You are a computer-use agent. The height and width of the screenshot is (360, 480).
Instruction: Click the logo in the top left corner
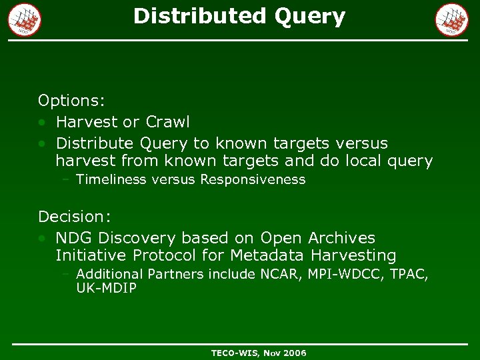[x=25, y=19]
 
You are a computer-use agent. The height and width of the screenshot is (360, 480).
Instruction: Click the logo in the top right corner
[x=452, y=19]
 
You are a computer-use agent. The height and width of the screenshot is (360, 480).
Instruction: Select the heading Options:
[x=71, y=101]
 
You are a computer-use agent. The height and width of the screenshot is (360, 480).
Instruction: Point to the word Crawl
[x=167, y=122]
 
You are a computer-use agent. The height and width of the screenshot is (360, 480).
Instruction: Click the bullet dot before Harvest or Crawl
[x=42, y=123]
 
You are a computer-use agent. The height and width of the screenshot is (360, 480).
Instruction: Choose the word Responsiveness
[x=253, y=179]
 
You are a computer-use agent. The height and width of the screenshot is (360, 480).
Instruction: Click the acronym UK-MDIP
[x=107, y=288]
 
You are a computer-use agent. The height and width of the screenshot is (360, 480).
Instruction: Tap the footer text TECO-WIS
[x=235, y=353]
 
